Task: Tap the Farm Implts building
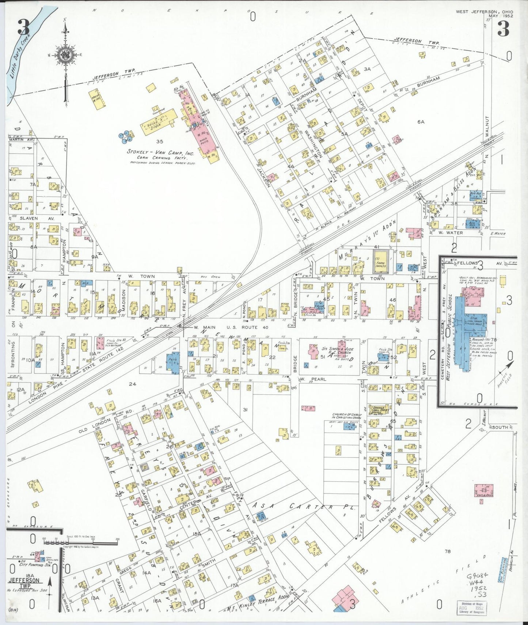(380, 261)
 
